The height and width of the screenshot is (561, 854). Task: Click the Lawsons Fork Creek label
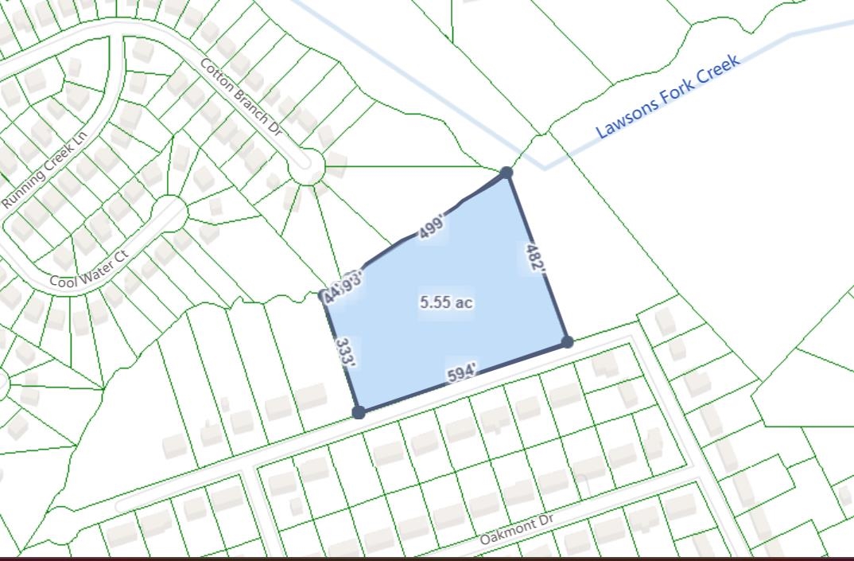coord(668,95)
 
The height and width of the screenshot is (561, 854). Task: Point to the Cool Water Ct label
coord(88,272)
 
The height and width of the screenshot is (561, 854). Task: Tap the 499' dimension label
coord(430,229)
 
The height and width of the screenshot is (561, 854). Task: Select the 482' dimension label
coord(536,259)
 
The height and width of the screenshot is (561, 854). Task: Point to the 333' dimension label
coord(344,351)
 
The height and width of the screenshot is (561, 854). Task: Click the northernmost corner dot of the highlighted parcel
coord(507,172)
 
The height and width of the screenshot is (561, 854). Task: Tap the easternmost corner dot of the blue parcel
coord(567,342)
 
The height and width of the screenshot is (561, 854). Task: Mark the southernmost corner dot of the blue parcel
coord(359,412)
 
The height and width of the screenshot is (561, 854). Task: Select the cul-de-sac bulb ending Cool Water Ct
coord(169,213)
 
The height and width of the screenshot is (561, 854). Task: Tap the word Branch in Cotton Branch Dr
coord(243,98)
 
